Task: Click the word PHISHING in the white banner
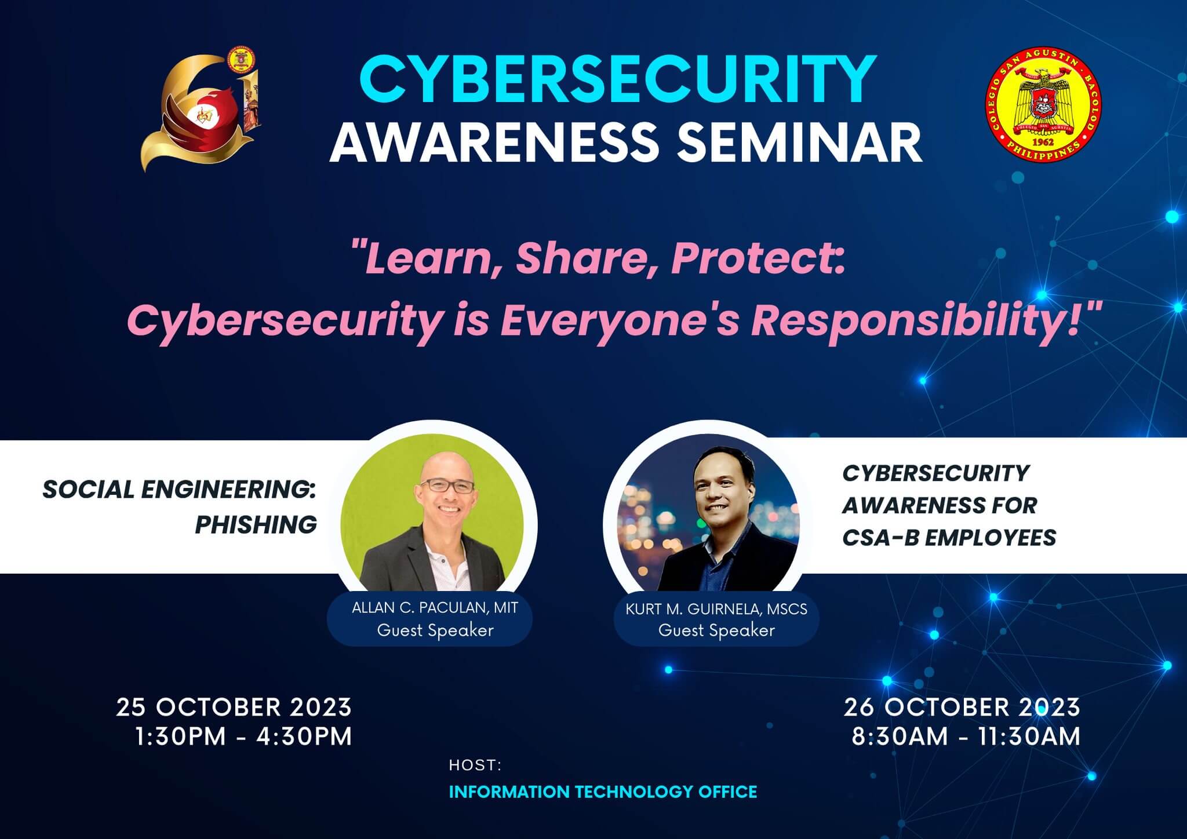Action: (x=256, y=525)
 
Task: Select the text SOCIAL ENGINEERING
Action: (x=179, y=490)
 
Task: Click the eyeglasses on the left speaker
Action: (x=447, y=486)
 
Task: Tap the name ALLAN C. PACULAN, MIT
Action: (x=435, y=608)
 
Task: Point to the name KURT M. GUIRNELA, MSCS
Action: (x=716, y=609)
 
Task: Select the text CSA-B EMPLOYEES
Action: (x=949, y=538)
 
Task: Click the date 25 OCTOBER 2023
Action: (x=234, y=707)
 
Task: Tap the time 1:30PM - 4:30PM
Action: (x=243, y=737)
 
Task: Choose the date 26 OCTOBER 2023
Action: (x=962, y=707)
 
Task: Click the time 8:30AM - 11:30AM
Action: (x=966, y=737)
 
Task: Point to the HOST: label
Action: (x=475, y=765)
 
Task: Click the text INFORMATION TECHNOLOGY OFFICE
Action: (x=603, y=792)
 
